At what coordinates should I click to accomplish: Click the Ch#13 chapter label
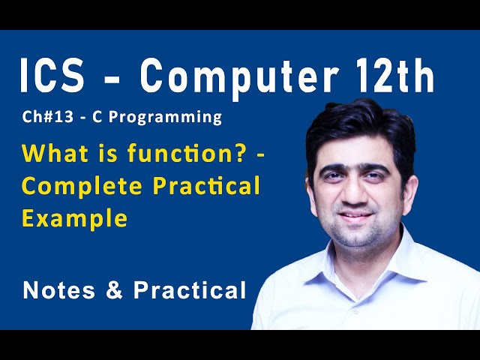tap(45, 118)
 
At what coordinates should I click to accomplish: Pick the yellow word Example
tap(74, 220)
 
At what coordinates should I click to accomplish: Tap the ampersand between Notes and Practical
tap(114, 290)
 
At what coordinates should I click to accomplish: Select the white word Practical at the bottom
tap(190, 290)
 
